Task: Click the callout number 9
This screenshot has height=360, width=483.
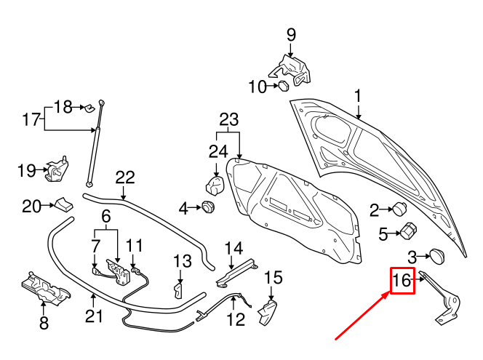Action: coord(291,34)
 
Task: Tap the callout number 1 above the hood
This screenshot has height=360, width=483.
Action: coord(358,96)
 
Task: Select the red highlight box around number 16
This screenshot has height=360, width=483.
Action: coord(402,281)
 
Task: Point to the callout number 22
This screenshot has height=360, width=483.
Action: coord(125,177)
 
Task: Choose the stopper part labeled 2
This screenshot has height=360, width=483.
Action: coord(400,210)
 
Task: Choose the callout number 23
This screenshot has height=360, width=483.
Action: coord(229,119)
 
